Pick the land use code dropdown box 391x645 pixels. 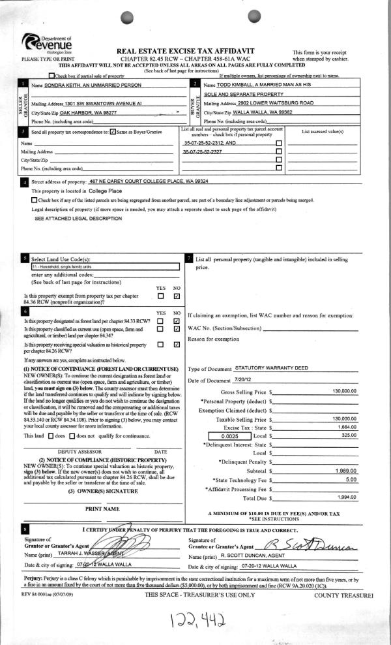click(x=104, y=267)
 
